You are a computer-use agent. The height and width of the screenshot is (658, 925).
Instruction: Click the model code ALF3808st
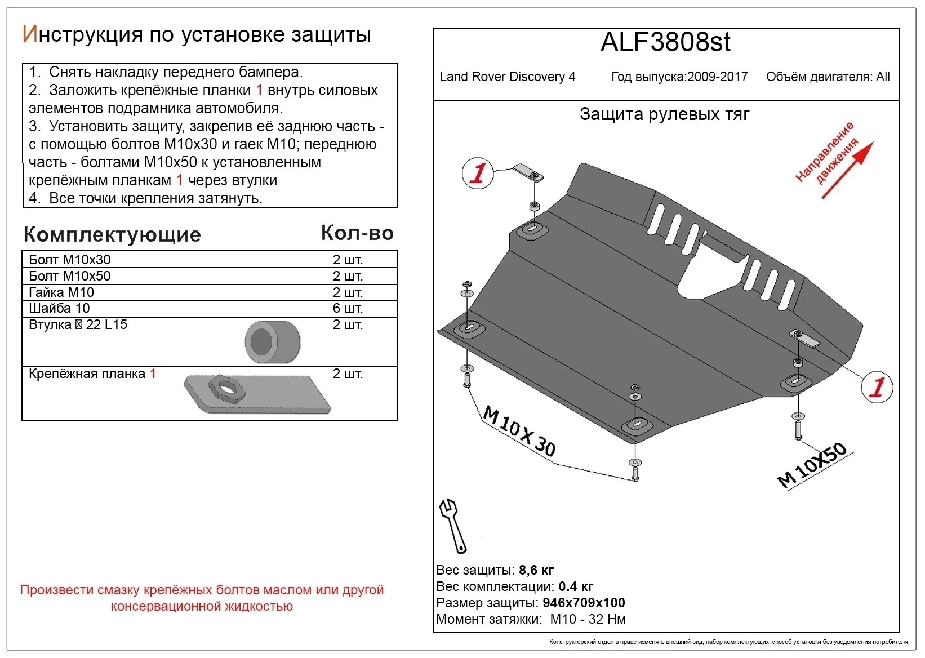click(665, 42)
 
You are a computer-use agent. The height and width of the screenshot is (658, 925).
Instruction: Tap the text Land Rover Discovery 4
click(507, 77)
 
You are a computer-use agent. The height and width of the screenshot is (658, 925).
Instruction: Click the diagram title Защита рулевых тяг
click(664, 114)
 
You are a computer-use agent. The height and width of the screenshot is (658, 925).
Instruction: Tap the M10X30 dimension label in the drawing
click(519, 432)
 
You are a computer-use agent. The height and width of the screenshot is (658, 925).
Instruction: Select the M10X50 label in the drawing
click(812, 465)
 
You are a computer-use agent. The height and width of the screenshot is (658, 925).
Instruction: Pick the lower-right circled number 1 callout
click(877, 387)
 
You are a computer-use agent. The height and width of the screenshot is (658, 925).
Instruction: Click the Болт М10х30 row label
click(70, 260)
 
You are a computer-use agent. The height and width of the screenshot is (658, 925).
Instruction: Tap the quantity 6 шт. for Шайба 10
click(348, 308)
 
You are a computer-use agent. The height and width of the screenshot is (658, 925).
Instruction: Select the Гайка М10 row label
click(61, 292)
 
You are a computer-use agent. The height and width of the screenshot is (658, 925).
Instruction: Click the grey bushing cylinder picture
click(272, 342)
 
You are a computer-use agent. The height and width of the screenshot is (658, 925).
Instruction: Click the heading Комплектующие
click(112, 234)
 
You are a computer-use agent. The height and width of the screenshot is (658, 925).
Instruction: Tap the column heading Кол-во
click(357, 233)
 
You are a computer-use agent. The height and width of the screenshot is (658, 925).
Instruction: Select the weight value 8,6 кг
click(536, 570)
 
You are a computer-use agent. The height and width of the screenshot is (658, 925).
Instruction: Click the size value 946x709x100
click(584, 603)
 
